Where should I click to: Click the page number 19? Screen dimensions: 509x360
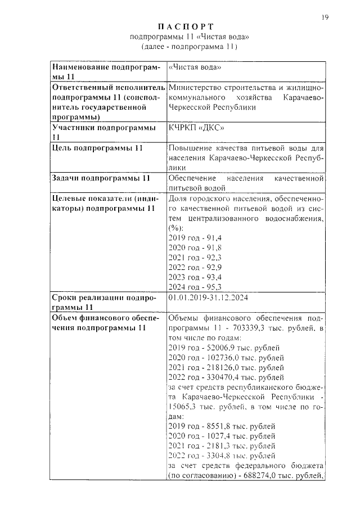click(325, 17)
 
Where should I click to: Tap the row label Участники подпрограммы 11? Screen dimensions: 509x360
click(103, 132)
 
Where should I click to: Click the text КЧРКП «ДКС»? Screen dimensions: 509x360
click(195, 128)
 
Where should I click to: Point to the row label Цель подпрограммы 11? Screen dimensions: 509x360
click(97, 148)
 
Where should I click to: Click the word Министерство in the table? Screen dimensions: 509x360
click(196, 88)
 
